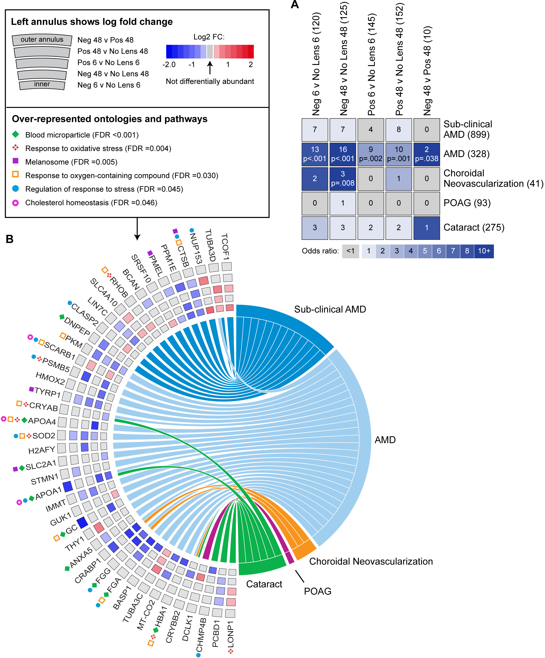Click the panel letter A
click(x=294, y=5)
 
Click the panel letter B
click(x=10, y=239)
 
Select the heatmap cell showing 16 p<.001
click(x=342, y=154)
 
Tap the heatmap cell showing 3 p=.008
click(x=342, y=179)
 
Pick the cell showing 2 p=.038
click(x=427, y=154)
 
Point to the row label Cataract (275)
click(x=473, y=228)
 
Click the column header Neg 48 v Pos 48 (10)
click(x=427, y=71)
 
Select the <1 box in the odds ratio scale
click(x=350, y=251)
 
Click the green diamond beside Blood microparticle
click(x=15, y=134)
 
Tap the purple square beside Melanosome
click(x=15, y=161)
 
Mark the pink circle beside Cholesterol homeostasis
click(x=15, y=203)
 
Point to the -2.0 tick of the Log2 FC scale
click(x=169, y=65)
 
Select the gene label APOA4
click(x=42, y=421)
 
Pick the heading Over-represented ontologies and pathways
click(x=110, y=119)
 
